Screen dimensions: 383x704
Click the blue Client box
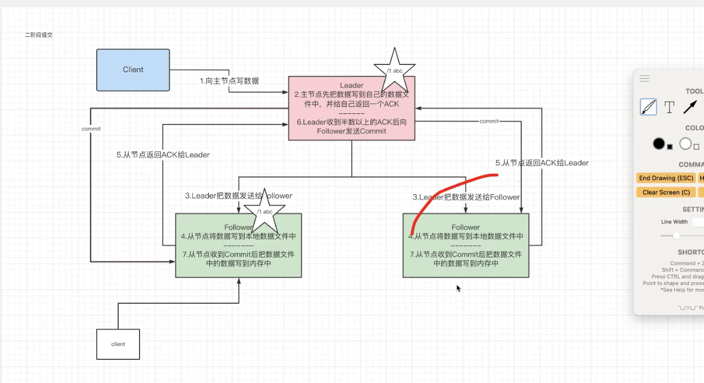pyautogui.click(x=133, y=70)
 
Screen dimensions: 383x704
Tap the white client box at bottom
pyautogui.click(x=118, y=344)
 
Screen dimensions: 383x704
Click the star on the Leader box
pyautogui.click(x=394, y=71)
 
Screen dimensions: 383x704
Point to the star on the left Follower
pyautogui.click(x=264, y=212)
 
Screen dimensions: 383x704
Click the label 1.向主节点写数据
pyautogui.click(x=229, y=81)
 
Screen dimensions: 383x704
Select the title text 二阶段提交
pyautogui.click(x=39, y=35)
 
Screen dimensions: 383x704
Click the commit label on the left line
pyautogui.click(x=91, y=129)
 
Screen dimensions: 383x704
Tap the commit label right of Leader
pyautogui.click(x=489, y=121)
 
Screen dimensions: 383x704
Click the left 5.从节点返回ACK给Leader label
pyautogui.click(x=163, y=155)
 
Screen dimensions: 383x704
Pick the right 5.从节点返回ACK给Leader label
pyautogui.click(x=542, y=163)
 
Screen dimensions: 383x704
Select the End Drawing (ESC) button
pyautogui.click(x=666, y=178)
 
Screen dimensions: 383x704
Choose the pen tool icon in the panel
pyautogui.click(x=648, y=107)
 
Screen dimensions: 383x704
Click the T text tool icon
pyautogui.click(x=669, y=107)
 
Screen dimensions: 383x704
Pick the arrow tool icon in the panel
pyautogui.click(x=690, y=107)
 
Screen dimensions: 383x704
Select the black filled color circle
pyautogui.click(x=659, y=144)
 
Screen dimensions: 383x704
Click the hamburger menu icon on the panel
pyautogui.click(x=645, y=79)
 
